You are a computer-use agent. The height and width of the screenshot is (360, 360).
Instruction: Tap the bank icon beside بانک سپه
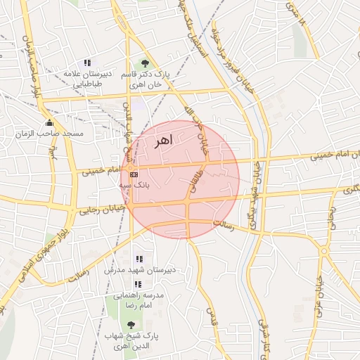134,174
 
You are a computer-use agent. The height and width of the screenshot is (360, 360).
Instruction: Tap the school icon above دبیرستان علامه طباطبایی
86,63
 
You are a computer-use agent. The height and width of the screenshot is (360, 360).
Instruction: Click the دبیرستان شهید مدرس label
134,270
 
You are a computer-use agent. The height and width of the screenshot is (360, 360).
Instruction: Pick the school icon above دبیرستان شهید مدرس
138,259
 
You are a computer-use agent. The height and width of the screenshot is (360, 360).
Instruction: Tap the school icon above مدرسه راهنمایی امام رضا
138,284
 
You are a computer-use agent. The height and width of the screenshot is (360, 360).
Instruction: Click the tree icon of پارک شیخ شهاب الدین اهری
131,324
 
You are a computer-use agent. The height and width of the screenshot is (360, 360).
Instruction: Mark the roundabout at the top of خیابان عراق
324,250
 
